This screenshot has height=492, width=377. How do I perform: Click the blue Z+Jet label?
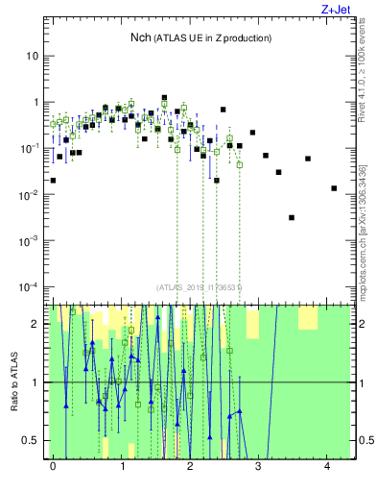349,9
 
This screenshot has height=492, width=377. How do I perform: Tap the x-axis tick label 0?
53,466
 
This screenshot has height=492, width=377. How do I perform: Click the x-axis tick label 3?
259,466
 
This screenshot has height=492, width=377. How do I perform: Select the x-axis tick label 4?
328,466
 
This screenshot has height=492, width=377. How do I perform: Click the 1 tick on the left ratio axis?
34,382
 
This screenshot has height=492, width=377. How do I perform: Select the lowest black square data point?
292,218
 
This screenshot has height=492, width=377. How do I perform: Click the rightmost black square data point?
334,188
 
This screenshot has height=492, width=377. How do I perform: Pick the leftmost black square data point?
53,180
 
